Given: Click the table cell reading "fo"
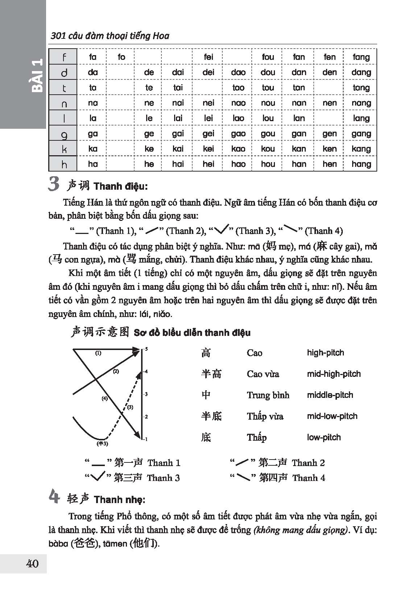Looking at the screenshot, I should pyautogui.click(x=121, y=57).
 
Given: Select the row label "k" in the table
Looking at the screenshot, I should pyautogui.click(x=64, y=149).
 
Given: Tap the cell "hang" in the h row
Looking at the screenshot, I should pyautogui.click(x=361, y=164).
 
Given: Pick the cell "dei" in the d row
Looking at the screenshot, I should pyautogui.click(x=208, y=72).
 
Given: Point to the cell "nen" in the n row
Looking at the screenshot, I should pyautogui.click(x=329, y=103).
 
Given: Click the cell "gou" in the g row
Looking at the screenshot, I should pyautogui.click(x=268, y=133).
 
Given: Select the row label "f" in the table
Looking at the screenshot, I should pyautogui.click(x=64, y=57).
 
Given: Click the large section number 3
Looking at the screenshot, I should pyautogui.click(x=54, y=185).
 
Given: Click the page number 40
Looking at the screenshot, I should pyautogui.click(x=32, y=564).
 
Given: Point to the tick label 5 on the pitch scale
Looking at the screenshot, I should pyautogui.click(x=147, y=349).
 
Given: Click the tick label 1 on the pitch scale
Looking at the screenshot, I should pyautogui.click(x=147, y=440).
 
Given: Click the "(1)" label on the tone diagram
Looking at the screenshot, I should pyautogui.click(x=98, y=353).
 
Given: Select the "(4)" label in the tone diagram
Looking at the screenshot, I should pyautogui.click(x=105, y=398).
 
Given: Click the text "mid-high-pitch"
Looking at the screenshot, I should pyautogui.click(x=334, y=374).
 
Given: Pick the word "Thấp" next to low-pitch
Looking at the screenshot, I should pyautogui.click(x=256, y=437).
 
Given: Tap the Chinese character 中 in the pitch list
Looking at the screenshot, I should pyautogui.click(x=206, y=395).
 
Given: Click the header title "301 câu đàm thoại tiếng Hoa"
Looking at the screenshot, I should pyautogui.click(x=110, y=36).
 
